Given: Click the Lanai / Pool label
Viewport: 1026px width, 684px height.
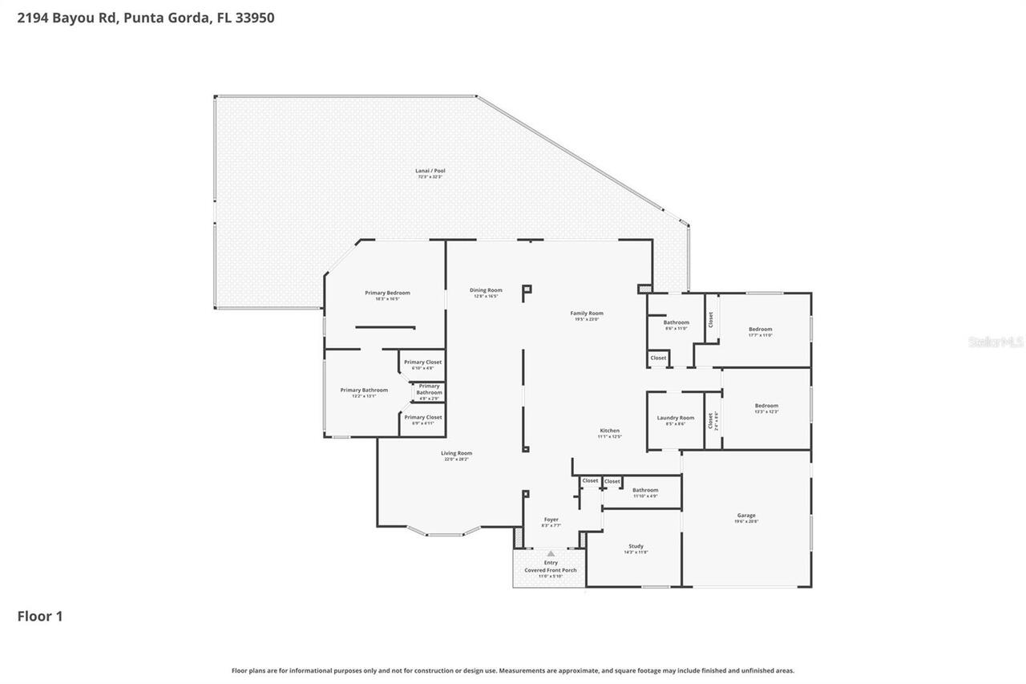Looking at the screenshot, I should point(429,170).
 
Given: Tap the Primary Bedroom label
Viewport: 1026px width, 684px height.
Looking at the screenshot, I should point(387,293).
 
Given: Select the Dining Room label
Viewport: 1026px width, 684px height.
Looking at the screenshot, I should point(486,290).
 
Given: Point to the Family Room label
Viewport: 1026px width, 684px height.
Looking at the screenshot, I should point(587,314).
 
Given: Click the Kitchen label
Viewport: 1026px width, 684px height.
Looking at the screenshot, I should point(609,431).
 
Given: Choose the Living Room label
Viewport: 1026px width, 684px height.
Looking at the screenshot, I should point(456,453).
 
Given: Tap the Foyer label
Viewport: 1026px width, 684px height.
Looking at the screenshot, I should point(551,520).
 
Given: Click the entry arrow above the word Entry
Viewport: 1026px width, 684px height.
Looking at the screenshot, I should point(551,553).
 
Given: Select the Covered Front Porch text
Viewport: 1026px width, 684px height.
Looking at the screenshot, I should point(551,570).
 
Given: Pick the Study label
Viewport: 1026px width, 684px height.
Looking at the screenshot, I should point(636,546).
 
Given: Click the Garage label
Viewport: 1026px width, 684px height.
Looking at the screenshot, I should point(746,516).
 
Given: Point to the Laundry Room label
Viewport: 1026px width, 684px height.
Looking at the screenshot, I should point(675,418).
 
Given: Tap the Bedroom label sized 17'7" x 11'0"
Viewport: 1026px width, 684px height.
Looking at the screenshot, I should point(760,330).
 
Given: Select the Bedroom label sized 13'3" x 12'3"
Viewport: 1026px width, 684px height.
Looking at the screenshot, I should point(766,406).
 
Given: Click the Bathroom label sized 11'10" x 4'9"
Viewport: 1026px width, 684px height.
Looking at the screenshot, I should point(645,490).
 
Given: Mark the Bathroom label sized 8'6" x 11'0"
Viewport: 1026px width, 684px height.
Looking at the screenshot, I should point(676,322).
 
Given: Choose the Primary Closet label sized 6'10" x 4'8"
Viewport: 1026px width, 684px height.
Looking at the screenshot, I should point(422,362).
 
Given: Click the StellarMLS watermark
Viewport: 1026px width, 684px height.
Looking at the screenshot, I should point(996,342).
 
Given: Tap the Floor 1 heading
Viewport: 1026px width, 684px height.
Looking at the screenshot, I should point(40,617).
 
